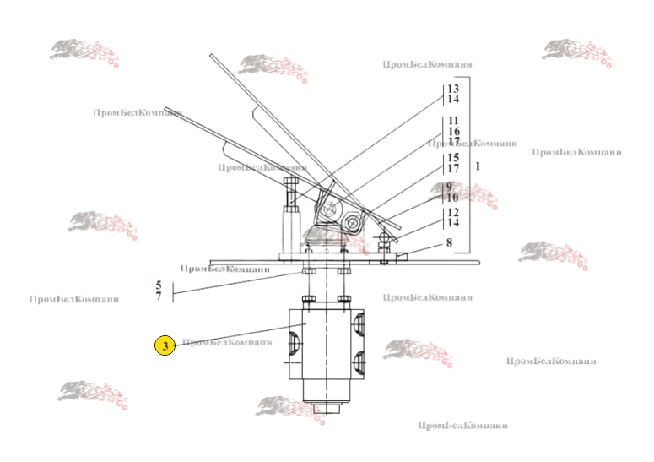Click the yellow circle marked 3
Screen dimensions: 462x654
(165, 345)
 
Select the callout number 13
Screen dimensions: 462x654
(453, 89)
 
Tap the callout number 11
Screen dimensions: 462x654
(453, 121)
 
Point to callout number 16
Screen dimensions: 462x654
(453, 132)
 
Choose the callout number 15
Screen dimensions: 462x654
(453, 158)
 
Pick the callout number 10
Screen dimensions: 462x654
(453, 198)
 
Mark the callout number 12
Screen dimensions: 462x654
(453, 212)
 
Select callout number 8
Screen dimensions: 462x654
(449, 242)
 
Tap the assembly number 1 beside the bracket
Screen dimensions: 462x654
(478, 166)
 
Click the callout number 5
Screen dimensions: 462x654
(158, 285)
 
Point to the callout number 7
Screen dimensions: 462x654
(158, 296)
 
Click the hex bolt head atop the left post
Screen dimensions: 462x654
(291, 185)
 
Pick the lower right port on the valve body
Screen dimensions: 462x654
(360, 365)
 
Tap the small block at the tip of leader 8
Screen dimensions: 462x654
(403, 256)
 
